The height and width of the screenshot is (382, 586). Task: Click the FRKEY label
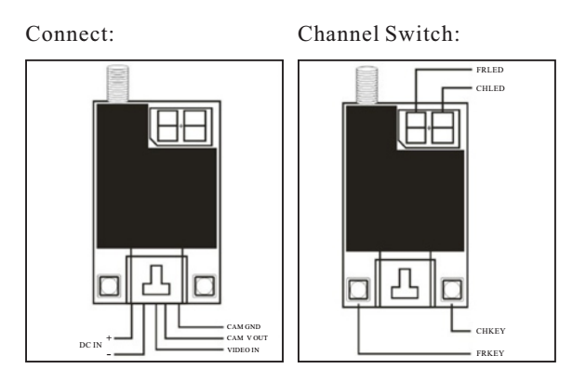click(489, 352)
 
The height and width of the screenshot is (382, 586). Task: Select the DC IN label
click(89, 344)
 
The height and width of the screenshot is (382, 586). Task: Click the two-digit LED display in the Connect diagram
click(182, 125)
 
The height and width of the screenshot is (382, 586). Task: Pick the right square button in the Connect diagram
click(204, 285)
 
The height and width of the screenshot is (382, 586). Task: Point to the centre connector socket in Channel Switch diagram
click(405, 286)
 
